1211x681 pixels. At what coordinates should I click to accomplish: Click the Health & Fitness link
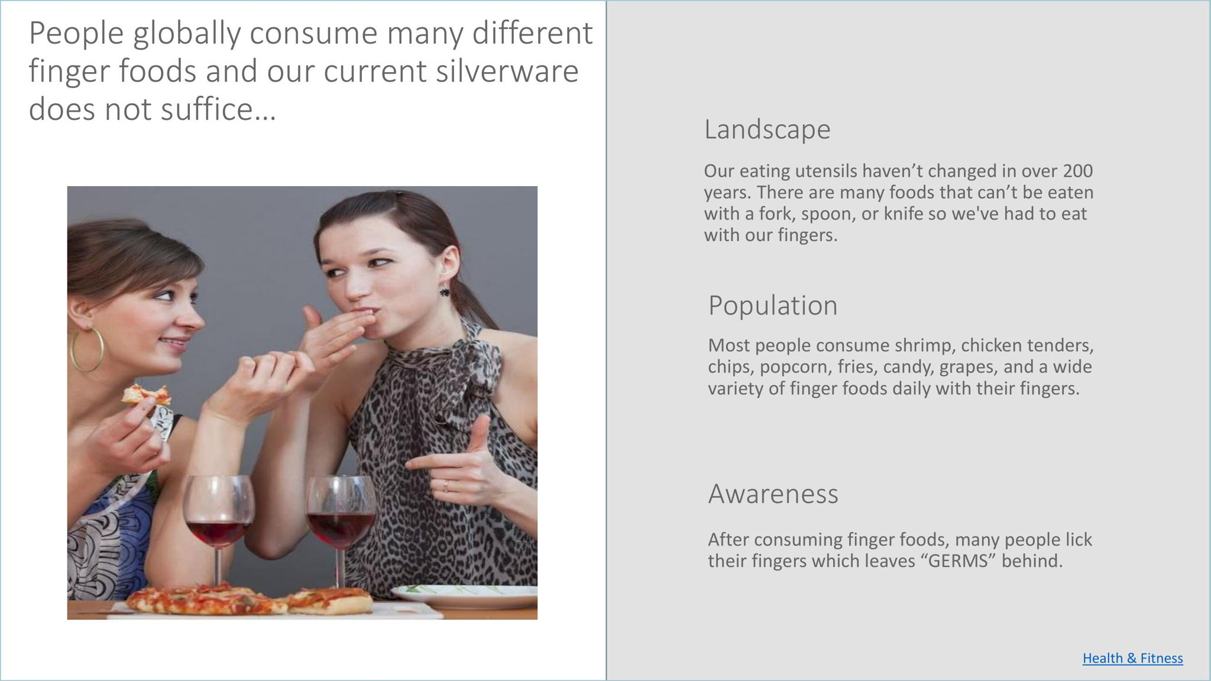click(1132, 658)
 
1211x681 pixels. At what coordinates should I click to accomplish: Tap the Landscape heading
click(767, 129)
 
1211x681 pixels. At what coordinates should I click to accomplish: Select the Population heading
click(773, 305)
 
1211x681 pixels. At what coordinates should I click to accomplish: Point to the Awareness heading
click(773, 493)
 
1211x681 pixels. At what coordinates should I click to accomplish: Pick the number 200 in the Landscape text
click(1078, 171)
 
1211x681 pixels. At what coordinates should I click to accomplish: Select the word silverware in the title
click(507, 71)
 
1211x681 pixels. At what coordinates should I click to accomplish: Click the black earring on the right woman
click(443, 291)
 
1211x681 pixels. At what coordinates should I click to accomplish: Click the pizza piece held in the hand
click(146, 394)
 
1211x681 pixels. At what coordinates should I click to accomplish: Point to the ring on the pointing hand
click(445, 486)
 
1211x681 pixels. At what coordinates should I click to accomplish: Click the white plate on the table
click(464, 596)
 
